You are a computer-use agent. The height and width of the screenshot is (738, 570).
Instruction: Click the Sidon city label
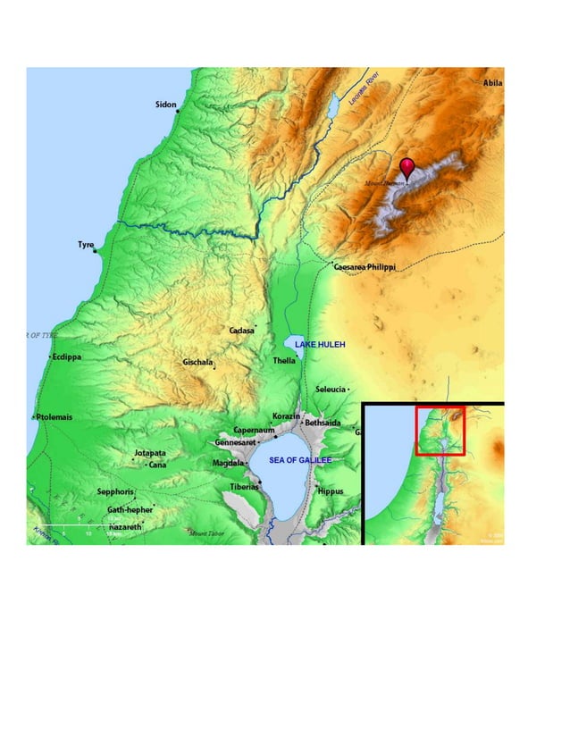tap(166, 105)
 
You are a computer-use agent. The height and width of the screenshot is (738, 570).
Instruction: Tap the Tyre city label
tap(86, 244)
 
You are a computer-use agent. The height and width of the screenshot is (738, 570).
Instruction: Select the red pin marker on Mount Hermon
tap(407, 167)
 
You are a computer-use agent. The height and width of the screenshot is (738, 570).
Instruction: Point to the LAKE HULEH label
tap(319, 344)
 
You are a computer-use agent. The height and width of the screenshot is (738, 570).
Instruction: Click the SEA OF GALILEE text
tap(300, 460)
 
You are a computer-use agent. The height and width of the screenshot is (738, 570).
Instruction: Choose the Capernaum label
tap(253, 430)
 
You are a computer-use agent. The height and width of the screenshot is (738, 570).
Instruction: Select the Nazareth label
tap(125, 527)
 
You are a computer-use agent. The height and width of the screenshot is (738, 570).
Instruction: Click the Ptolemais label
tap(54, 417)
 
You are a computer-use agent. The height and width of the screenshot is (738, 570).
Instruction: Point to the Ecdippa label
tap(67, 356)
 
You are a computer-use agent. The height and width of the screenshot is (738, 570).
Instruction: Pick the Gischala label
tap(197, 362)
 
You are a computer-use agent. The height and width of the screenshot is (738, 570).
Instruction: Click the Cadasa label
tap(241, 330)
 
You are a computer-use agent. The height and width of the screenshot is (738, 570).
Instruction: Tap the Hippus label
tap(330, 491)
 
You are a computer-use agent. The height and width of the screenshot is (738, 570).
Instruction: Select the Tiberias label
tap(244, 487)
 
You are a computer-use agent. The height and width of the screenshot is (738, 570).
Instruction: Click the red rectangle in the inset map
tap(440, 431)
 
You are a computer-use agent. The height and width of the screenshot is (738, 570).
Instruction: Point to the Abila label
tap(492, 82)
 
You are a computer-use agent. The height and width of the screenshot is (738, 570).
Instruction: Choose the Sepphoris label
tap(115, 491)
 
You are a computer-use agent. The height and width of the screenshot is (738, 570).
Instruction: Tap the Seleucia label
tap(330, 390)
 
